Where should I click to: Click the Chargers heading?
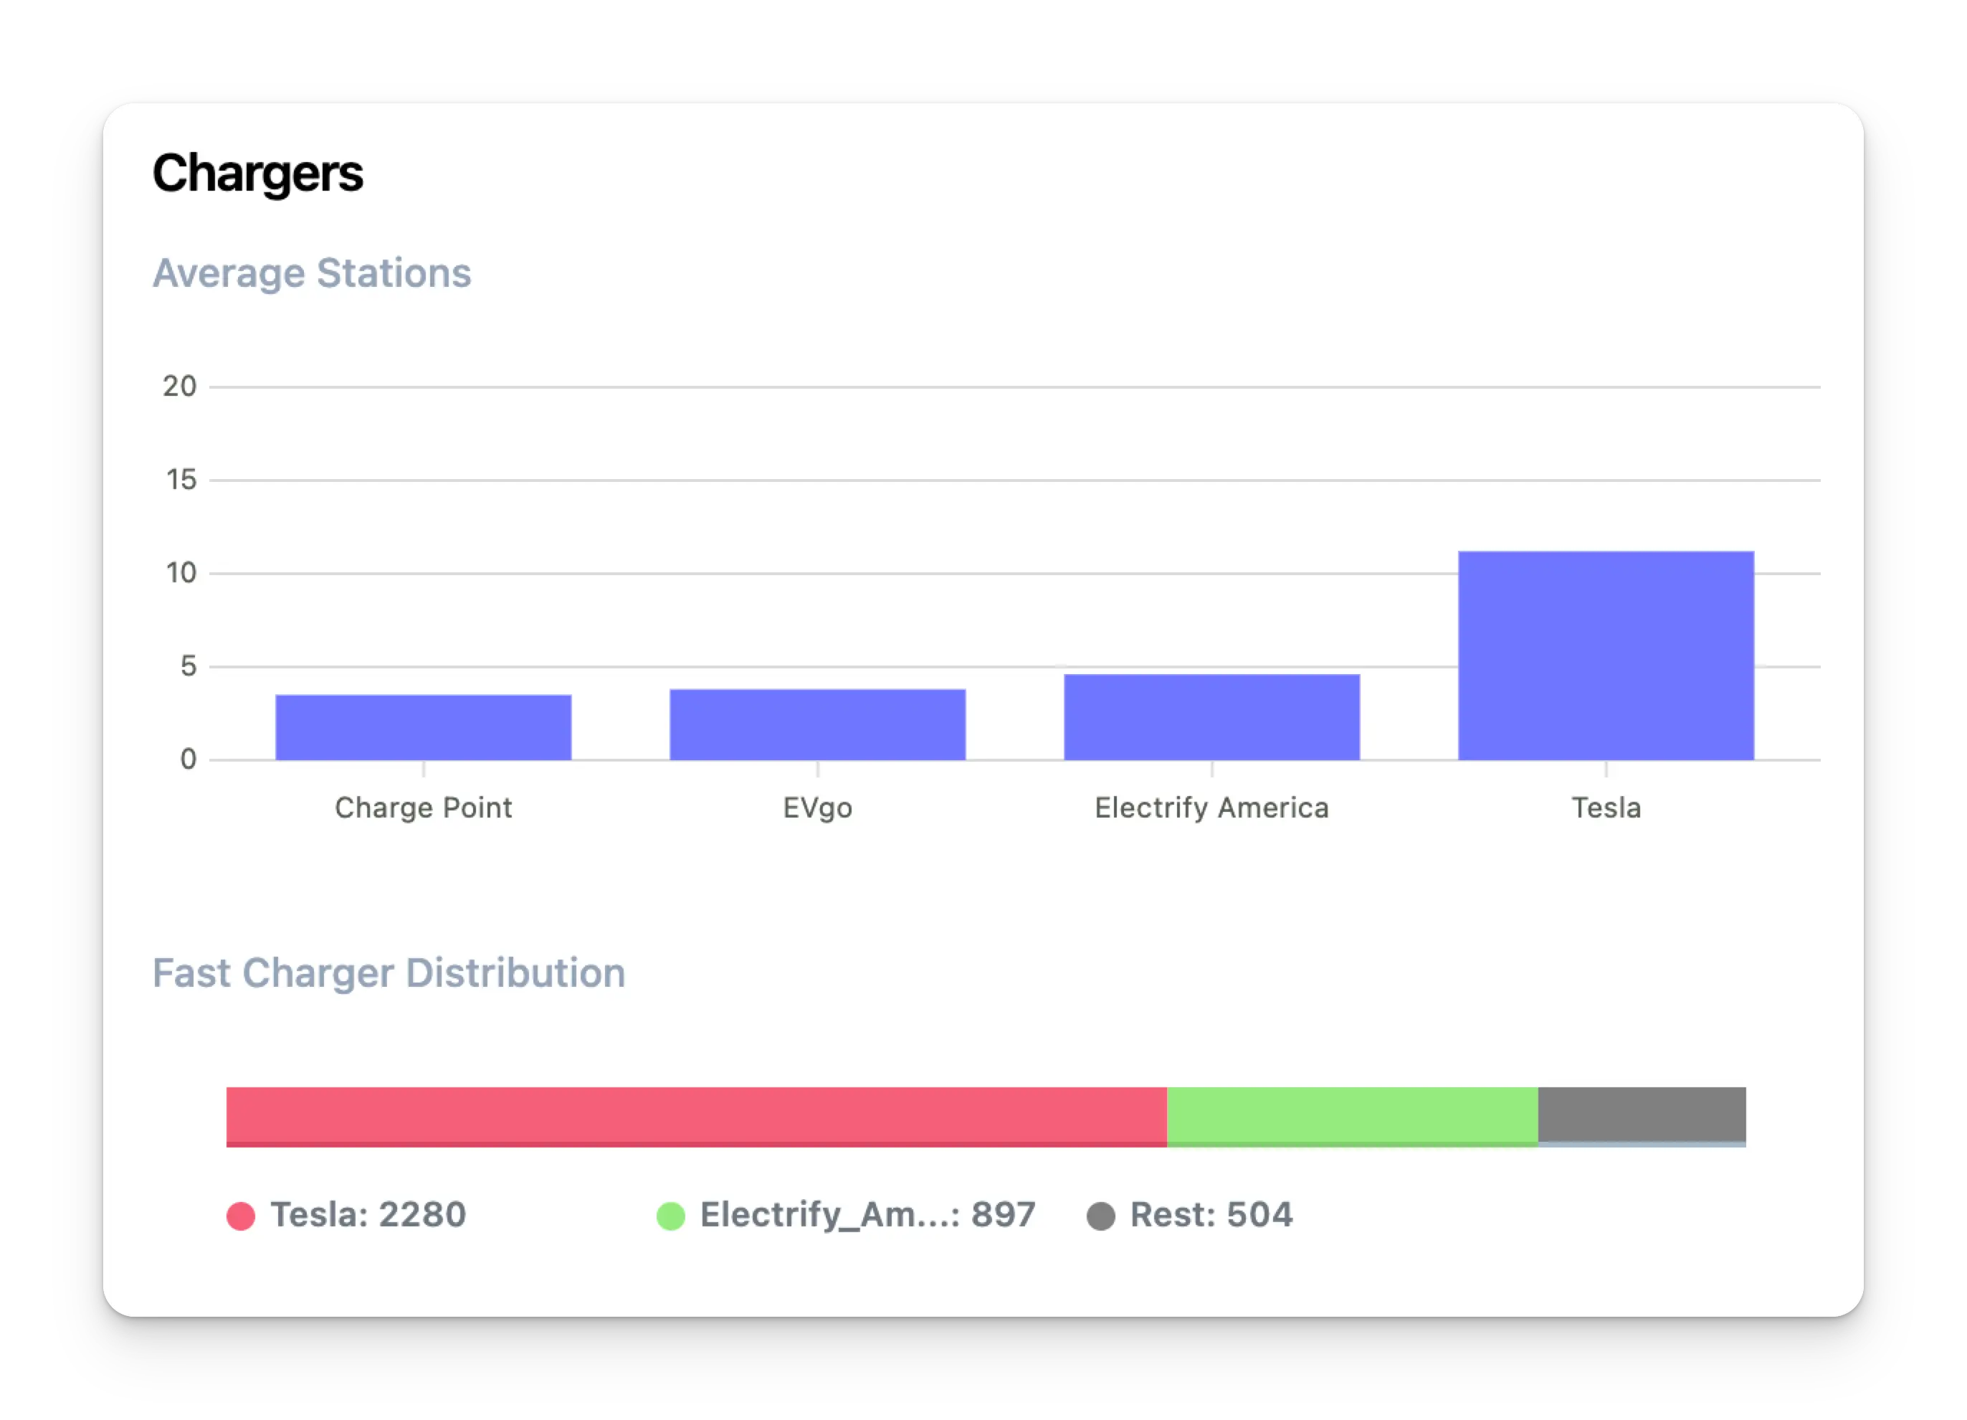tap(257, 174)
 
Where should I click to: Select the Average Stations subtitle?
tap(311, 273)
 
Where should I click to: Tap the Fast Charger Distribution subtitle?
tap(389, 973)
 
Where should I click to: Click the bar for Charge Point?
tap(423, 727)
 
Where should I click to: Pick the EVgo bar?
tap(817, 724)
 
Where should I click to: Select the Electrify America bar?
tap(1211, 716)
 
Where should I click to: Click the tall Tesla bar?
tap(1605, 655)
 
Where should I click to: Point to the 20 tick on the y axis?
tap(179, 386)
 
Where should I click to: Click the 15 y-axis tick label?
tap(181, 480)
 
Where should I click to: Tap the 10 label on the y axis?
tap(181, 572)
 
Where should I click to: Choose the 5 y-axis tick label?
tap(189, 666)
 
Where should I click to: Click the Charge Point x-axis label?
tap(423, 808)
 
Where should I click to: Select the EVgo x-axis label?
tap(817, 808)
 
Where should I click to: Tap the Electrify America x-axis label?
tap(1211, 808)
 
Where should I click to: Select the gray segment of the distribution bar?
tap(1641, 1114)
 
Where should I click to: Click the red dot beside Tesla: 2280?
tap(240, 1216)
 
